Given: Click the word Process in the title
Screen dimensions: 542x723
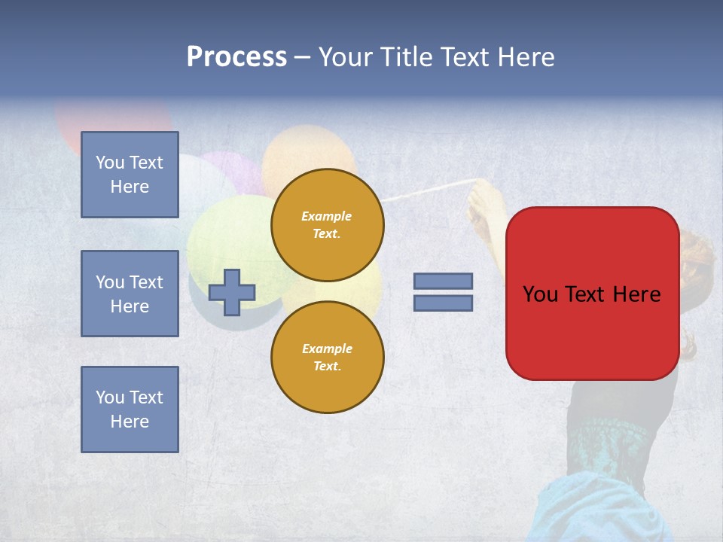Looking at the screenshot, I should (236, 57).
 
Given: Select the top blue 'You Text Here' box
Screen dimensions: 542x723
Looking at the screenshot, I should (130, 175).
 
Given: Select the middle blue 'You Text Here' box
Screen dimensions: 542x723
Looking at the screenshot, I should (130, 294).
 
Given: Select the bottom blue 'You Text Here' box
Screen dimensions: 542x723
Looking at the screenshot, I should (130, 409).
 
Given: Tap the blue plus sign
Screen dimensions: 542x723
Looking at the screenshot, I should (232, 292).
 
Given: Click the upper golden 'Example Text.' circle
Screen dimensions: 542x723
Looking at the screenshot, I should (327, 224).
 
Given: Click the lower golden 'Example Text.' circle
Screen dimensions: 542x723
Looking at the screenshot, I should (327, 357).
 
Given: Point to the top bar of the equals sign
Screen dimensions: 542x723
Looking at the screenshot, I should (443, 281).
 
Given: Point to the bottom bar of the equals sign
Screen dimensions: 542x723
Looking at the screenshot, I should (443, 303).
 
